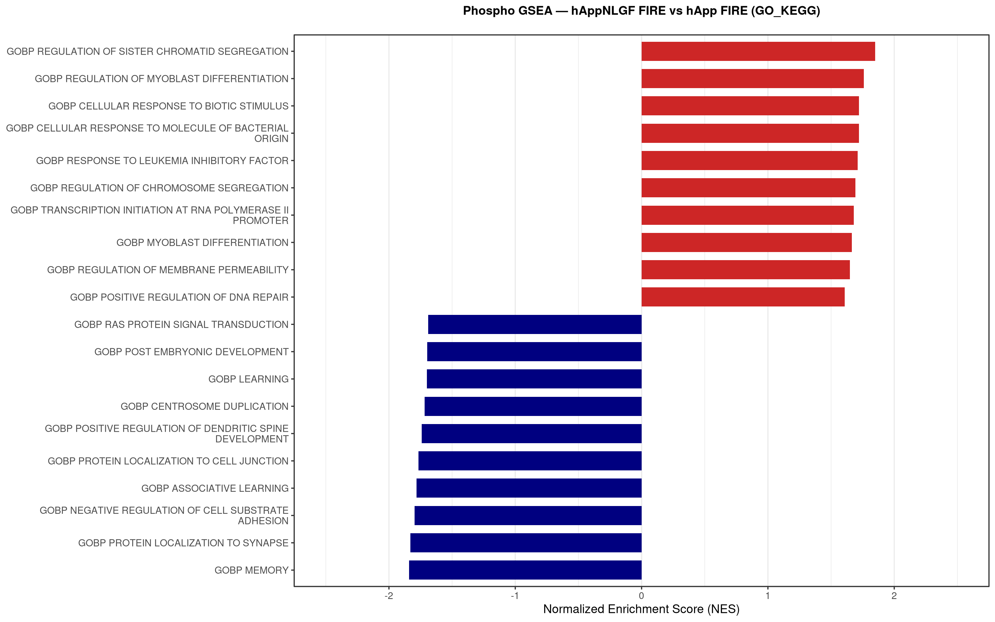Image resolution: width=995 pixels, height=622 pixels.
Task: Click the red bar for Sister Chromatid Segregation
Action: [758, 52]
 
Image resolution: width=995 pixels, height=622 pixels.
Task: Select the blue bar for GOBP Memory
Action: [525, 570]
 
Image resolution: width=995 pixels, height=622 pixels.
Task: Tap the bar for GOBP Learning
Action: [534, 379]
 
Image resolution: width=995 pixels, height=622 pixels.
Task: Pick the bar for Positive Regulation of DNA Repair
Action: [743, 297]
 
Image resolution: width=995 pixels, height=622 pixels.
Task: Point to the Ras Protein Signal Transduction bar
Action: [534, 324]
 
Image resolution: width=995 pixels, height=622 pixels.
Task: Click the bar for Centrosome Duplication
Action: [533, 406]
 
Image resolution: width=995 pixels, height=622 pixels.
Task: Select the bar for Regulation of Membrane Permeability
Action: [745, 270]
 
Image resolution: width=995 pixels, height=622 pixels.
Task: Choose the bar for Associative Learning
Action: [529, 488]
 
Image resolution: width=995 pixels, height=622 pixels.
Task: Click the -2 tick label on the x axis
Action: [389, 596]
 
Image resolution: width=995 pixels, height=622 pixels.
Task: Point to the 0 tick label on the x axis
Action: [641, 596]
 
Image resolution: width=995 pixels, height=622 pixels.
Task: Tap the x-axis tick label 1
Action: [768, 596]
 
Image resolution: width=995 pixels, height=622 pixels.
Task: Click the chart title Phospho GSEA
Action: [641, 11]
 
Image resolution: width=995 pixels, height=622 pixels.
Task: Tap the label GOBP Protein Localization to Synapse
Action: [183, 543]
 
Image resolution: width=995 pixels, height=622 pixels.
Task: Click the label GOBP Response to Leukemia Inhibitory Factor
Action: [162, 160]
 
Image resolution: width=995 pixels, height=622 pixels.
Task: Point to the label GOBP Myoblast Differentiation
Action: [202, 242]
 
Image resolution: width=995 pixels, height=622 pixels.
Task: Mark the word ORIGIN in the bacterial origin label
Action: [271, 139]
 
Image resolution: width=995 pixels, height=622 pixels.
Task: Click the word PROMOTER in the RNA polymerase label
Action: [261, 221]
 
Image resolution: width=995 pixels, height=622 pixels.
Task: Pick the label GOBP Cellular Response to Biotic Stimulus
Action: [168, 106]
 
